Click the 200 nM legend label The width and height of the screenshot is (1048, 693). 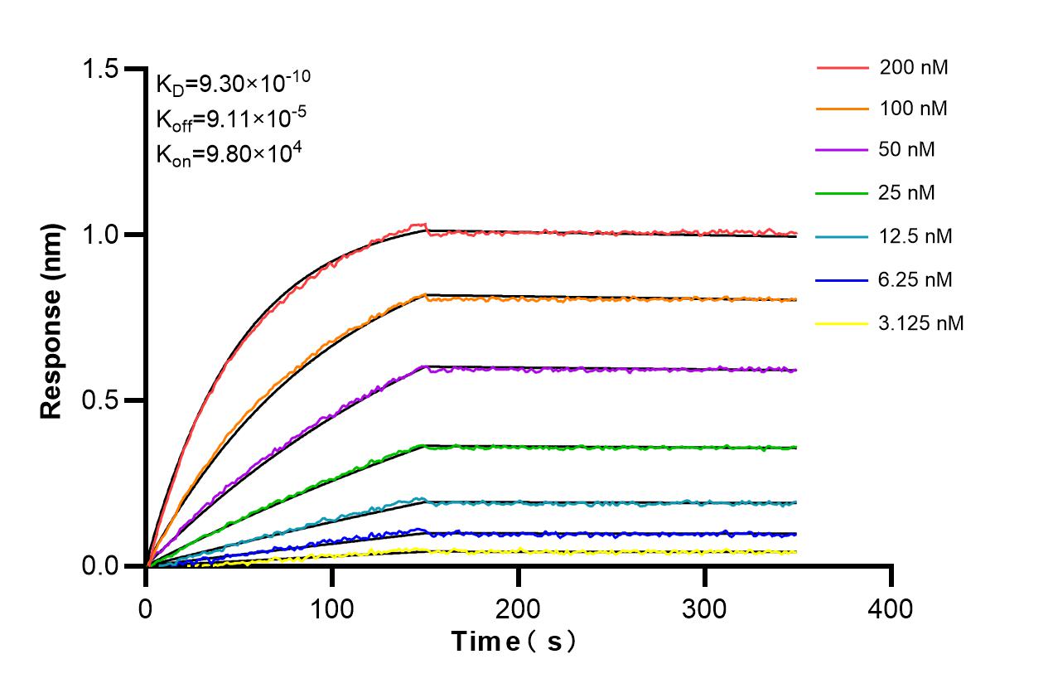[x=914, y=67]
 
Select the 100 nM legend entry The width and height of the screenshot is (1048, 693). [x=914, y=109]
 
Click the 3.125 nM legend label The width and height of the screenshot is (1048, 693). [x=921, y=322]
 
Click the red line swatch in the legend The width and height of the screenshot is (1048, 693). [x=841, y=67]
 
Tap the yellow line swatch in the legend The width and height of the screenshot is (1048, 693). [x=841, y=322]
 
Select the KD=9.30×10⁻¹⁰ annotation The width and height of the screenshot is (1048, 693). [x=233, y=82]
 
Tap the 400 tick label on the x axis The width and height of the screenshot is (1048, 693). [x=891, y=609]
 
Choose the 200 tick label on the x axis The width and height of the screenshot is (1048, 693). [x=519, y=609]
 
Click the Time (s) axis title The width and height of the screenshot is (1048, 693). [x=513, y=642]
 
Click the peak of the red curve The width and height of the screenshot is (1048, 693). [x=423, y=224]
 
